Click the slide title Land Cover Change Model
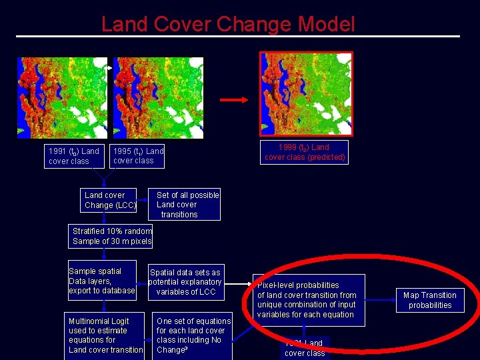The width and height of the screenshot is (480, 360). (228, 25)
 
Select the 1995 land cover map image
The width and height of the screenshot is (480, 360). (158, 97)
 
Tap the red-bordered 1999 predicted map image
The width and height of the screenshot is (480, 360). (305, 93)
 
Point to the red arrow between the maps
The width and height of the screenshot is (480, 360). (234, 100)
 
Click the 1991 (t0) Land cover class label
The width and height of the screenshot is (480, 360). (73, 156)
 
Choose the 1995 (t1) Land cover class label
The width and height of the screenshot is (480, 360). (138, 155)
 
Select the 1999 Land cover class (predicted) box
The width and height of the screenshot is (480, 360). (305, 152)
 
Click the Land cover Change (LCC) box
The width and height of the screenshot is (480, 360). (110, 200)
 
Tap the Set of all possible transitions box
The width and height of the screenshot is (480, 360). (187, 205)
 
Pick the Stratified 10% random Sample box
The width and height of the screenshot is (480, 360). (112, 236)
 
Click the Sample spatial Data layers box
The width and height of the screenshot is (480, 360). (102, 281)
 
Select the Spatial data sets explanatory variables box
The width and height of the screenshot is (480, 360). (185, 282)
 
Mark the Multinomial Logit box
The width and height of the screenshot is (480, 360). (105, 335)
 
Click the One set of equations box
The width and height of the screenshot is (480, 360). (193, 335)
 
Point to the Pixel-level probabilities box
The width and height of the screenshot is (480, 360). (307, 299)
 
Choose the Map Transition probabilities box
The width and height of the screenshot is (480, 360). (430, 300)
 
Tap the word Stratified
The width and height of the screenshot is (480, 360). (93, 231)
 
